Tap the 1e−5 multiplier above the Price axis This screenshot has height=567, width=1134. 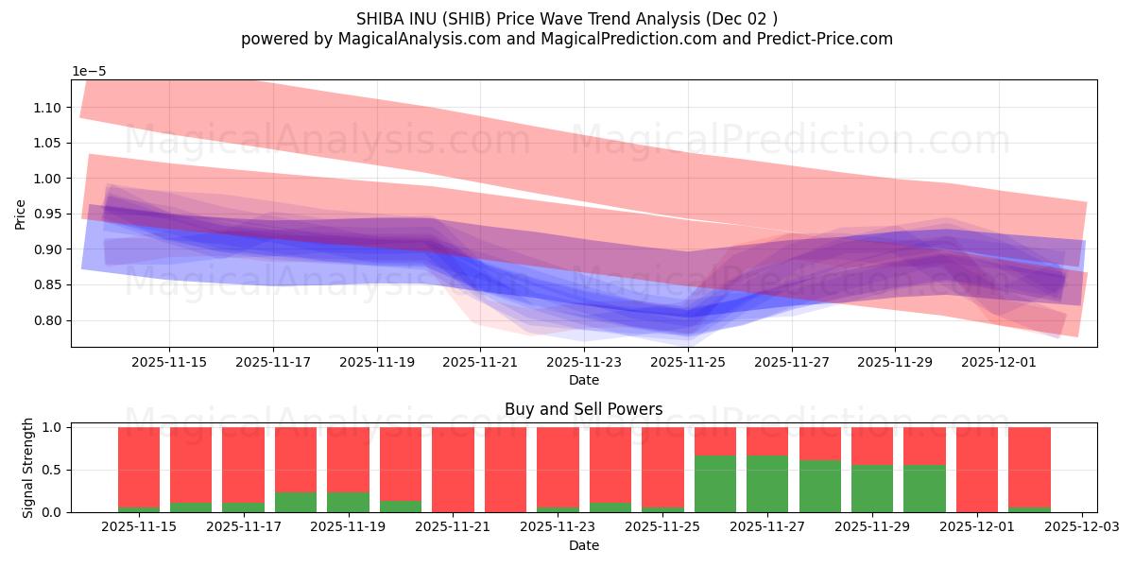tap(90, 72)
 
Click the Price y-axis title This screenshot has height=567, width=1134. tap(21, 214)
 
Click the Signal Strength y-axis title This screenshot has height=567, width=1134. tap(28, 468)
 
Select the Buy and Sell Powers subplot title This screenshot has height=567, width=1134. tap(583, 409)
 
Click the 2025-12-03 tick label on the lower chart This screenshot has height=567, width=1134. tap(1081, 527)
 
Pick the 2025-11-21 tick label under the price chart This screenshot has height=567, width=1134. tap(481, 362)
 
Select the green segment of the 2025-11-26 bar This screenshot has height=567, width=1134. tap(714, 484)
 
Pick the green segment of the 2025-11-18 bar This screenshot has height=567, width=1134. tap(296, 502)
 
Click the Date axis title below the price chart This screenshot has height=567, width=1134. tap(583, 380)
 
